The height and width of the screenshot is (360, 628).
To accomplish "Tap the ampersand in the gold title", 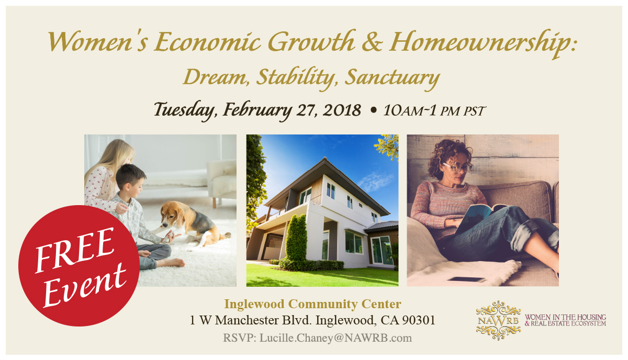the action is tap(372, 42).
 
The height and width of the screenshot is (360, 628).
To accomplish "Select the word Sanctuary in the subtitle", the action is tap(392, 77).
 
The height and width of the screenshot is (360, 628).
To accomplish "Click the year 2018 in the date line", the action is tap(342, 110).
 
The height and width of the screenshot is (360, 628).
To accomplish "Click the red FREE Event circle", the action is tap(79, 265).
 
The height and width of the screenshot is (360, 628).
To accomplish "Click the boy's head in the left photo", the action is tap(130, 179).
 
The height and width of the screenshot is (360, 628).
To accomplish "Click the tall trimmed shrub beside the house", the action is tap(296, 238).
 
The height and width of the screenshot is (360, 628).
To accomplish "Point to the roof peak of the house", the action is tap(324, 159).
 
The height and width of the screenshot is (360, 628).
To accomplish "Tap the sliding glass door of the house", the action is tap(382, 250).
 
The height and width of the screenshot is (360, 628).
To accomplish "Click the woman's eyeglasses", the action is tap(457, 167).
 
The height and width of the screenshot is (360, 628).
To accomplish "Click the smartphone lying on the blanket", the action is tap(466, 279).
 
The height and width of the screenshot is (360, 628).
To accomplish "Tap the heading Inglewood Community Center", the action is tap(312, 304).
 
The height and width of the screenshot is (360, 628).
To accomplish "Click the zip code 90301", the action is tap(419, 320).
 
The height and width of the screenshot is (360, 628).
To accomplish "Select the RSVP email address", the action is tap(335, 338).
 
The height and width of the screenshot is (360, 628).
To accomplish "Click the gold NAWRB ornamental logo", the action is tap(498, 320).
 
